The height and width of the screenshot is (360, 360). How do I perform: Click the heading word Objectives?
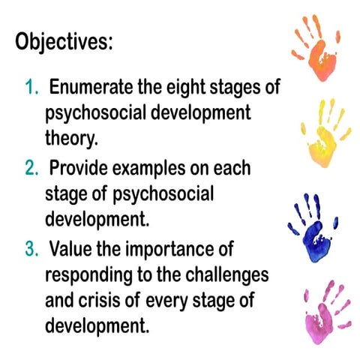[64, 41]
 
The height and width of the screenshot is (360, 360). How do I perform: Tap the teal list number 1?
[31, 87]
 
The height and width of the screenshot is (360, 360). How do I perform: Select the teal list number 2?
[31, 168]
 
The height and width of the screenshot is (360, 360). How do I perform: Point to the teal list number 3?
[31, 249]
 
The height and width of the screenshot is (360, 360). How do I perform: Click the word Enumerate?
[91, 86]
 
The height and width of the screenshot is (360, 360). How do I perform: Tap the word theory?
[71, 139]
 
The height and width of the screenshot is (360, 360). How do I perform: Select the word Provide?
[79, 167]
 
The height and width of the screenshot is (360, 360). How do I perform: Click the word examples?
[149, 169]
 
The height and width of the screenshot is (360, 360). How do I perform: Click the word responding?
[88, 276]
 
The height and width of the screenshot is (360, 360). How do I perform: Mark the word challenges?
[227, 276]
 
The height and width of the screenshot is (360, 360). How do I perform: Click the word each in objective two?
[232, 167]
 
